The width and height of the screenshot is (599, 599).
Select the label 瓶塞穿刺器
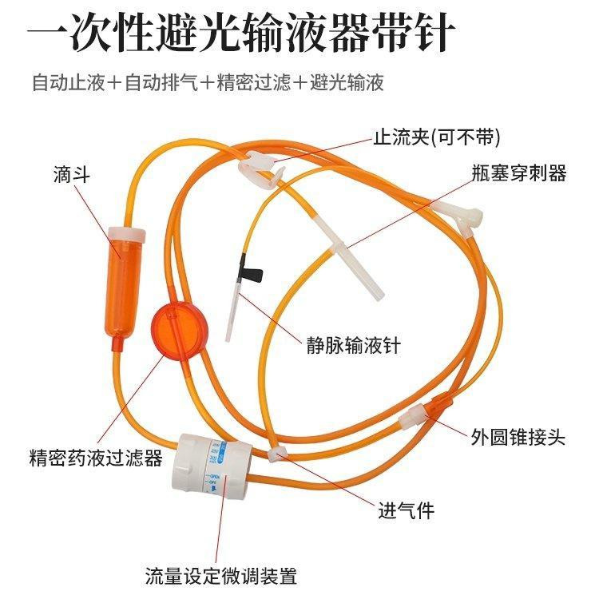coord(518,173)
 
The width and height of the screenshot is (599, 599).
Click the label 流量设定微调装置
coord(220,575)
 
